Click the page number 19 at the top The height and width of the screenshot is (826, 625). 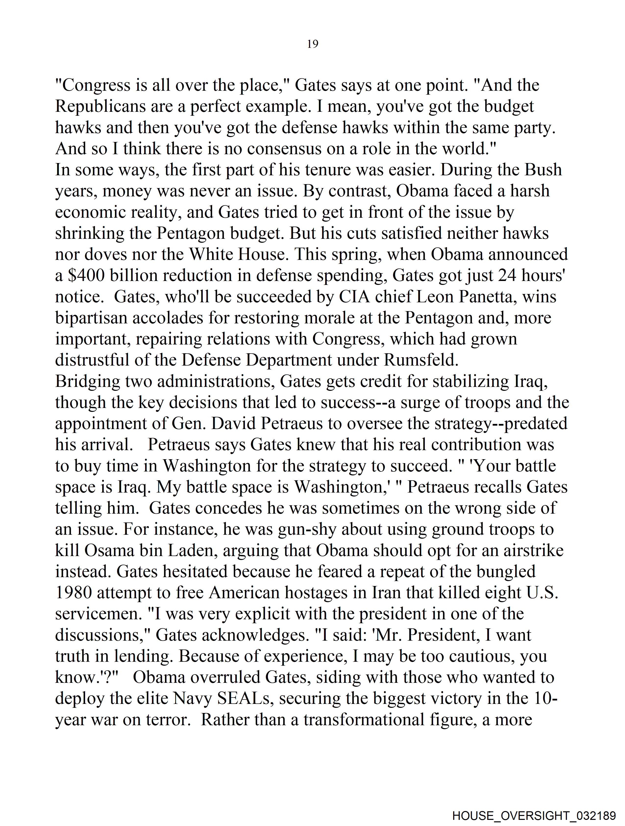tap(312, 44)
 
